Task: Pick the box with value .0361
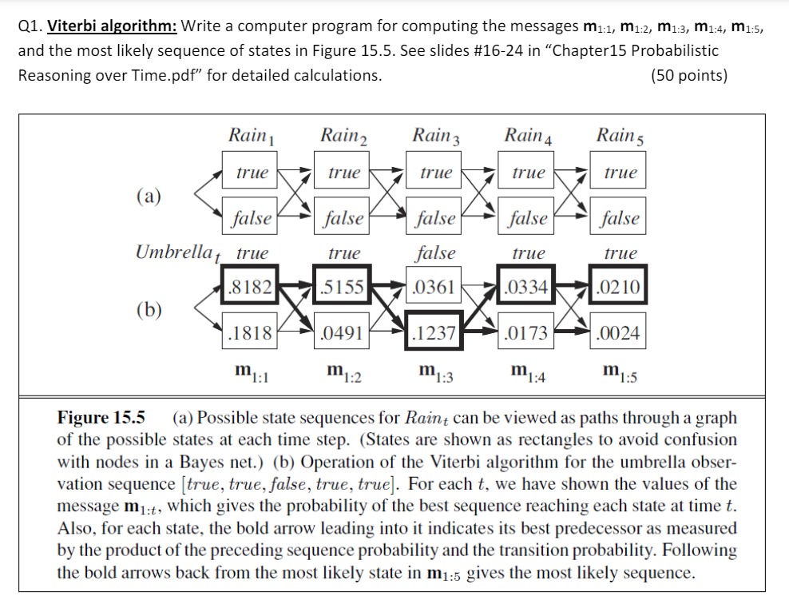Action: tap(434, 287)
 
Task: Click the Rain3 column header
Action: tap(436, 135)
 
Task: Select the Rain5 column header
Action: tap(619, 135)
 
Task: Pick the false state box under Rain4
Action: tap(528, 217)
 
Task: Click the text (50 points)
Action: tap(689, 76)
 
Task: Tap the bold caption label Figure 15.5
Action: tap(101, 417)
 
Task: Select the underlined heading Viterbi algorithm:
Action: tap(112, 25)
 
